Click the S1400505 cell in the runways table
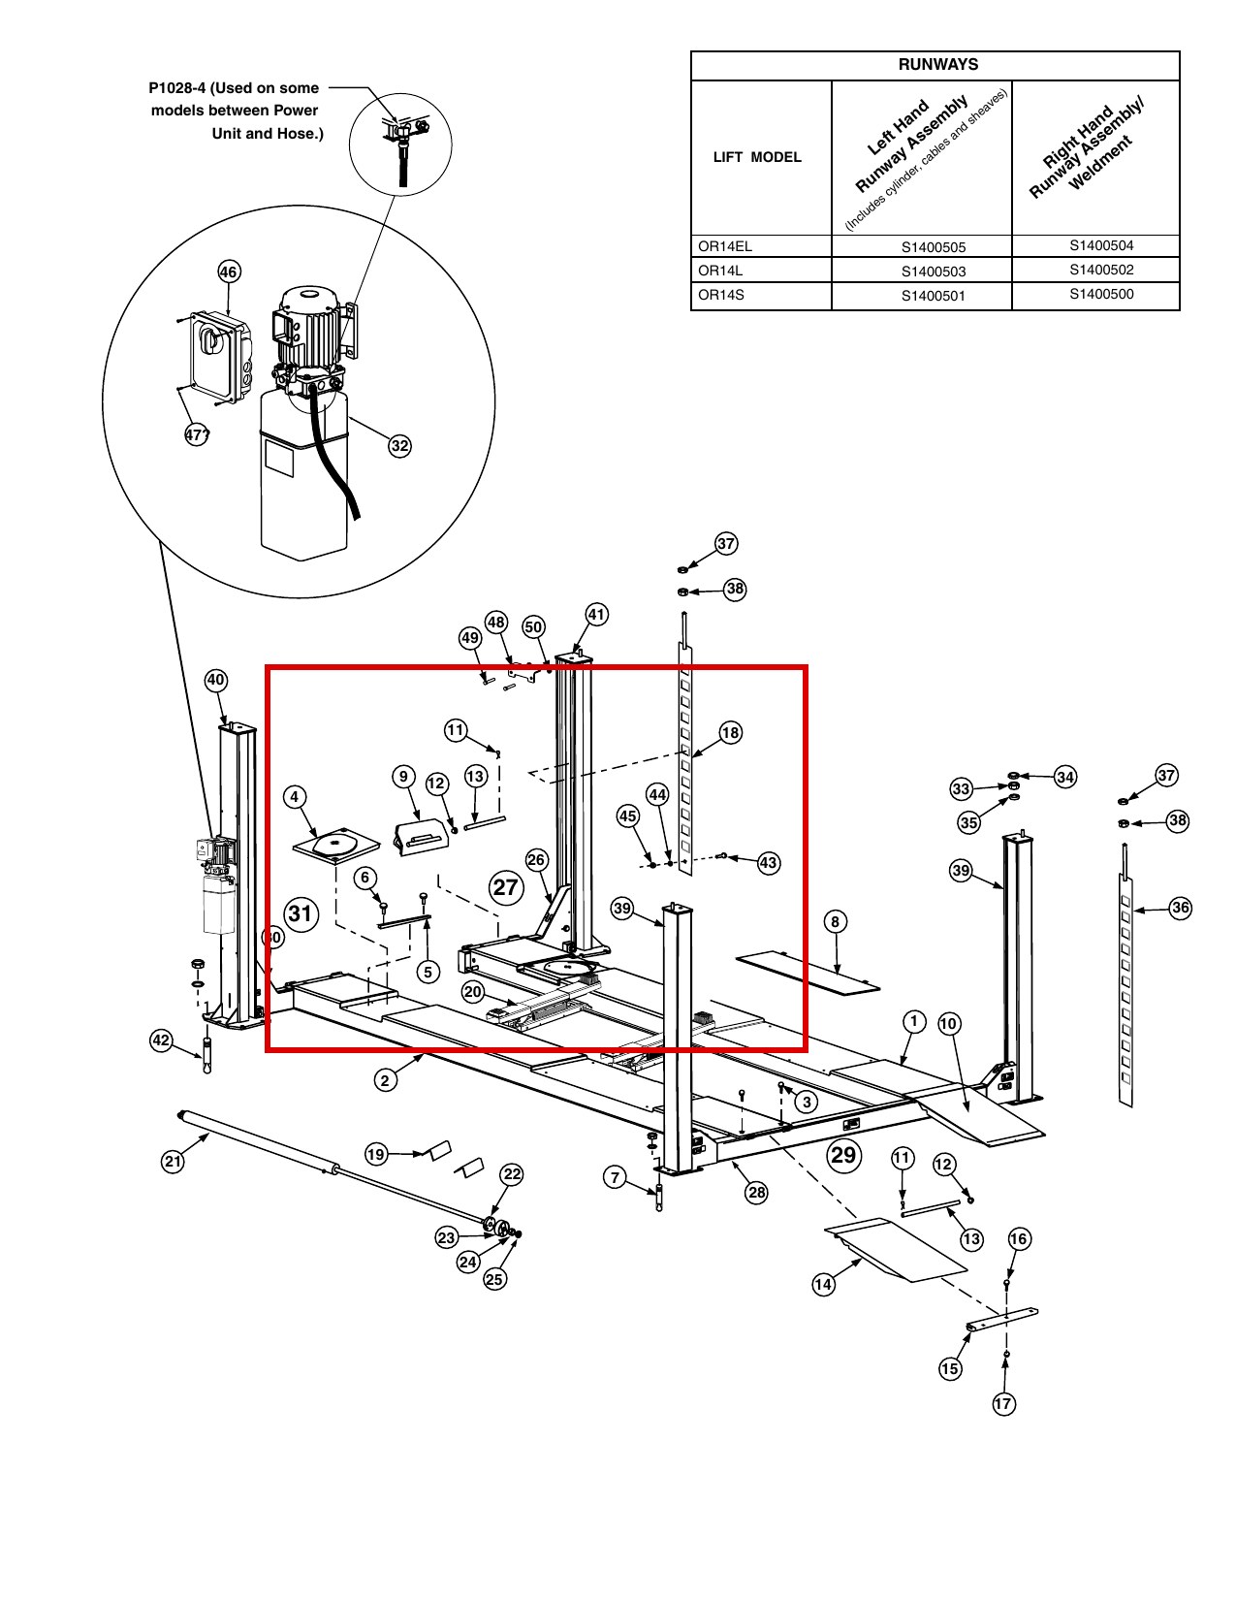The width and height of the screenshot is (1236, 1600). click(x=933, y=247)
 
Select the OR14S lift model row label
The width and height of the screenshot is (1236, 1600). click(x=720, y=295)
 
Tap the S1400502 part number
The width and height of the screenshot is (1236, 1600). click(x=1101, y=270)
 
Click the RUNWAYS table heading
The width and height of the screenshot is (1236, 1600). click(x=937, y=64)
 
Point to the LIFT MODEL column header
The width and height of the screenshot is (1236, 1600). click(x=757, y=157)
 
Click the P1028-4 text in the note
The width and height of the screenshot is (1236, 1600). click(x=176, y=87)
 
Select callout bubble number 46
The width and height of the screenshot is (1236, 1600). click(x=228, y=272)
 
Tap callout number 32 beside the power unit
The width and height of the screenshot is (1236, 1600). click(x=399, y=445)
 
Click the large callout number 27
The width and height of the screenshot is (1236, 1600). click(x=506, y=887)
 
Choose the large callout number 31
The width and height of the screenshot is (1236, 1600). click(x=301, y=913)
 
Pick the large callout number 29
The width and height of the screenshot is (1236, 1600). click(x=842, y=1155)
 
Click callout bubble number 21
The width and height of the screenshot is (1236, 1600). click(x=173, y=1161)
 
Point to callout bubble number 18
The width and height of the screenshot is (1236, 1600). click(x=730, y=733)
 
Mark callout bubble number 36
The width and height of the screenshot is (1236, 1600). click(x=1180, y=907)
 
